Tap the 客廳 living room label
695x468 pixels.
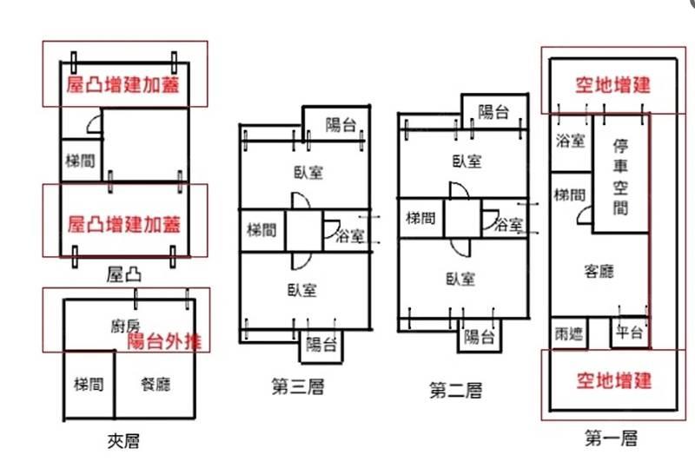599,271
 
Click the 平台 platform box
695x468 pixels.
627,333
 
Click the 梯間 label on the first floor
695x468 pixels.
569,195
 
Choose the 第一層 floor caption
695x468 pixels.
612,438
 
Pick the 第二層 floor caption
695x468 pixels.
455,391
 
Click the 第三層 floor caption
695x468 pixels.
298,386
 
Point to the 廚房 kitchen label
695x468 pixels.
125,326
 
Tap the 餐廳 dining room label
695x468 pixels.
156,384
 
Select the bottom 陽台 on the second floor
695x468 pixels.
479,335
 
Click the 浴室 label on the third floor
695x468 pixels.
350,234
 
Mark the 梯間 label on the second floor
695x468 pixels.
421,219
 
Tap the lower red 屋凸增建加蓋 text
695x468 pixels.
124,224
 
